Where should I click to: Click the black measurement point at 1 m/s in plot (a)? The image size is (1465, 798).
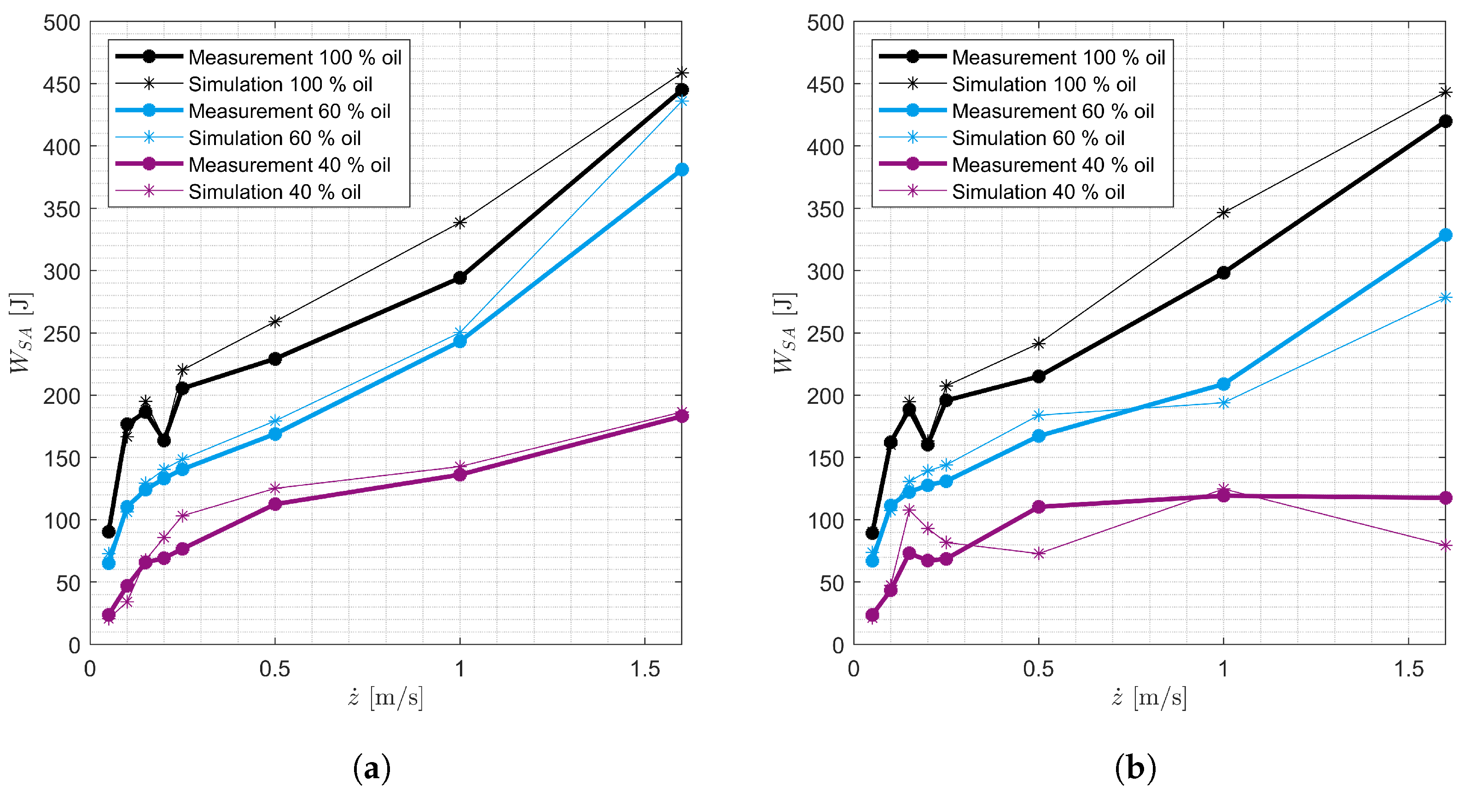tap(459, 278)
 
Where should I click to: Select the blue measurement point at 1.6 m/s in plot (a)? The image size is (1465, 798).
tap(681, 169)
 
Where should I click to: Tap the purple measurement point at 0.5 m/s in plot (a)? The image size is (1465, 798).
tap(275, 504)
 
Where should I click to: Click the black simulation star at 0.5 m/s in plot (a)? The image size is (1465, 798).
tap(275, 321)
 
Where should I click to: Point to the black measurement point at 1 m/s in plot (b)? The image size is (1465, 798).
tap(1223, 273)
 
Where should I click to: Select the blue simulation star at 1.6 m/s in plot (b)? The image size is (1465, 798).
tap(1445, 297)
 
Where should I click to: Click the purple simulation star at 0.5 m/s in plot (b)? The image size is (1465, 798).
tap(1039, 553)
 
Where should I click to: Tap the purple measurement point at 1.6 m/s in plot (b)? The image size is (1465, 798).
tap(1445, 498)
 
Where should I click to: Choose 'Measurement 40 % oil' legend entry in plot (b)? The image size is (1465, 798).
tap(1052, 165)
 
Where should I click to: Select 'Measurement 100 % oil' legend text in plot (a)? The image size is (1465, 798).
tap(295, 58)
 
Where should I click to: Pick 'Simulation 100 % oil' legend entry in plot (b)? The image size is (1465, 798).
tap(1044, 84)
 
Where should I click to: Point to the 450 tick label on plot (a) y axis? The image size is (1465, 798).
tap(61, 85)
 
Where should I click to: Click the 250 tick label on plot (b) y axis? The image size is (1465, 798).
tap(825, 334)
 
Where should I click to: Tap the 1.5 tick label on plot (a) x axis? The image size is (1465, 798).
tap(645, 669)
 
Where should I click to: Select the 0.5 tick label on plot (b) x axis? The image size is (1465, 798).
tap(1039, 669)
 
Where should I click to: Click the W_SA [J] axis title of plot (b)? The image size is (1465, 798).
tap(784, 333)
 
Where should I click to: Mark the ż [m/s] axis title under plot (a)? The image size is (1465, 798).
tap(385, 697)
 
